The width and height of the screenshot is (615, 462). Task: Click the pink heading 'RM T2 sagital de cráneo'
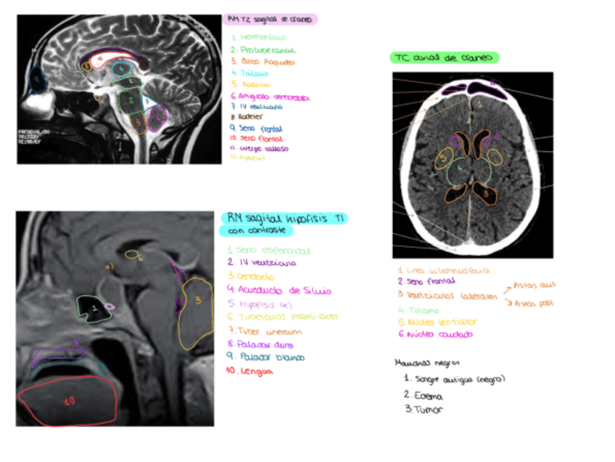270,20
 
